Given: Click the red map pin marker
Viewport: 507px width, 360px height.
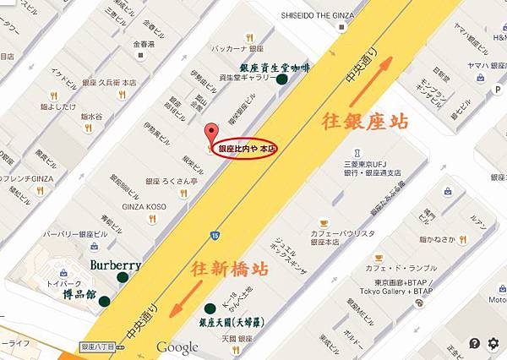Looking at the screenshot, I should (210, 133).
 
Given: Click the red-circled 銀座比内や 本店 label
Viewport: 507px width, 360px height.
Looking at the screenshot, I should (247, 149).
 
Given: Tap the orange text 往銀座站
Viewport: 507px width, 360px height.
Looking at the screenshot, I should (365, 121).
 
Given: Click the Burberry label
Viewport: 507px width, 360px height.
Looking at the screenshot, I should (115, 265).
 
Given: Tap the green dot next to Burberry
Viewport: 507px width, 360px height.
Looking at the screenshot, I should (123, 277).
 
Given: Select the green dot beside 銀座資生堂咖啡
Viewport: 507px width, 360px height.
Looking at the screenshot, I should (282, 79).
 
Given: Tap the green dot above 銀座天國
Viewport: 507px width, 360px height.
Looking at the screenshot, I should (209, 308).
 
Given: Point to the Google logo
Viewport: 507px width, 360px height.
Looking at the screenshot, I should (177, 346).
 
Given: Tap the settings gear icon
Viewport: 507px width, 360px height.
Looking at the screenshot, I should (494, 342).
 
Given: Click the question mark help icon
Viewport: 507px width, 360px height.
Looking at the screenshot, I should (475, 342).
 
